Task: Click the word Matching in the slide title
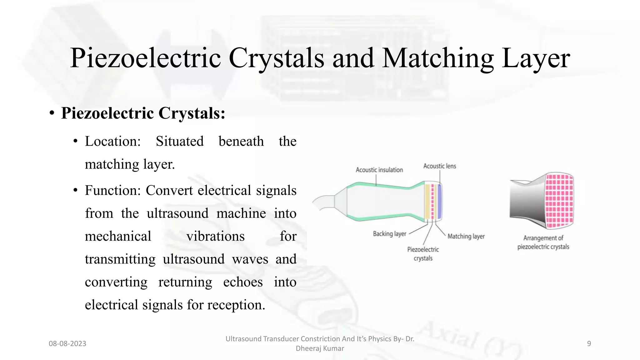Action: pyautogui.click(x=437, y=58)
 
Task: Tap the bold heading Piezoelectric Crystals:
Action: pyautogui.click(x=143, y=113)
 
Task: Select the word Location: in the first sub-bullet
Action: pyautogui.click(x=113, y=142)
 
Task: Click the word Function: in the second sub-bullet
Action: pyautogui.click(x=113, y=191)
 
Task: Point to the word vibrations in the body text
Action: pyautogui.click(x=215, y=236)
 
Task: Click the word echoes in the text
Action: pyautogui.click(x=243, y=282)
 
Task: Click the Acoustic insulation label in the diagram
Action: pyautogui.click(x=379, y=170)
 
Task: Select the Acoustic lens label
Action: pyautogui.click(x=439, y=166)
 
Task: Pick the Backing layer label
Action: pyautogui.click(x=389, y=234)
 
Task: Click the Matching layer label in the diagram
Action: pyautogui.click(x=466, y=237)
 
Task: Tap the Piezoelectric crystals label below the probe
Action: pyautogui.click(x=423, y=254)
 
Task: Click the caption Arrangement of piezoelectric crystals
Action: pyautogui.click(x=543, y=242)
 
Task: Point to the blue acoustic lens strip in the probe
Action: pyautogui.click(x=439, y=202)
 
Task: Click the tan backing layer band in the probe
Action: pyautogui.click(x=427, y=202)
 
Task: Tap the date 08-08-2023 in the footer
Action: pyautogui.click(x=67, y=344)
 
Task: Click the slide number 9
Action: pyautogui.click(x=589, y=344)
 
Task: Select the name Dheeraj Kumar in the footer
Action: pyautogui.click(x=320, y=348)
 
